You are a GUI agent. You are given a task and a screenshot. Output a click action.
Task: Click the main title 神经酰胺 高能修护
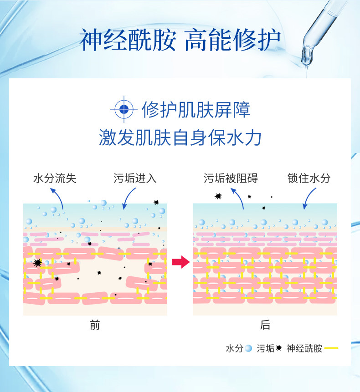180,40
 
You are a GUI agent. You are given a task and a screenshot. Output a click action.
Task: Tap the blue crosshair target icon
123,110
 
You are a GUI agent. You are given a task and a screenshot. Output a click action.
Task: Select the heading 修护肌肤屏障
196,110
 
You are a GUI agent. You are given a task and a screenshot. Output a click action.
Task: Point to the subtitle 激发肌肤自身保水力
180,137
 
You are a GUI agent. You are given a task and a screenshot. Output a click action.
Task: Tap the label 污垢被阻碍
231,178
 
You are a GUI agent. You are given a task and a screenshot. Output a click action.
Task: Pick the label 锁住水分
309,178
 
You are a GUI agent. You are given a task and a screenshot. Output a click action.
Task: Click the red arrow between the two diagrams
180,262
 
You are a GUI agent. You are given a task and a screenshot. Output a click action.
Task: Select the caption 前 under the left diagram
95,325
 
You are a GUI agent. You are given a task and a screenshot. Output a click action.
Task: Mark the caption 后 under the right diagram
265,325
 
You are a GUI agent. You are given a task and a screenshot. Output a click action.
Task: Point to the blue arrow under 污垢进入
129,199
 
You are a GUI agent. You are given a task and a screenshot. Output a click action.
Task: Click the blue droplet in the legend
248,349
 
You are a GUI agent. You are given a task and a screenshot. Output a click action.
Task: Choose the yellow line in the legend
331,349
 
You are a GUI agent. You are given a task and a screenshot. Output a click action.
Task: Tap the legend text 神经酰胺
304,349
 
